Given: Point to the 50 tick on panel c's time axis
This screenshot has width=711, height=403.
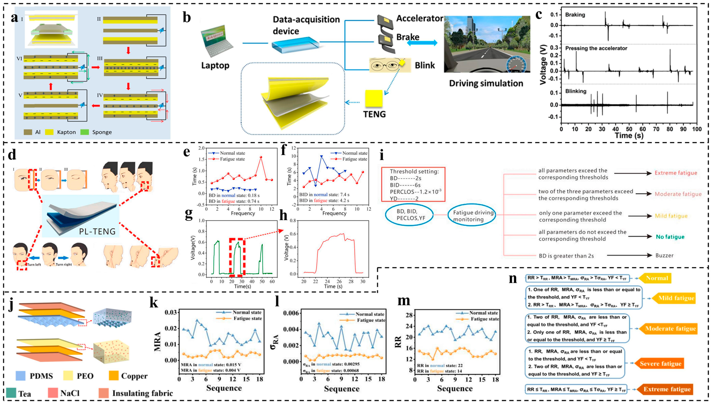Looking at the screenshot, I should coord(629,129).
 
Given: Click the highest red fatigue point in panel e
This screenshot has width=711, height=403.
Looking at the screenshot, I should coord(261,157).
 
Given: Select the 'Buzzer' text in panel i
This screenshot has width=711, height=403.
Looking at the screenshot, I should coord(664,255).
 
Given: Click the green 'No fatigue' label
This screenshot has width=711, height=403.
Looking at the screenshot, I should coord(670,237).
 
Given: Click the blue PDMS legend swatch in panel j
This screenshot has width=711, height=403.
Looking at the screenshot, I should coord(22,376).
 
